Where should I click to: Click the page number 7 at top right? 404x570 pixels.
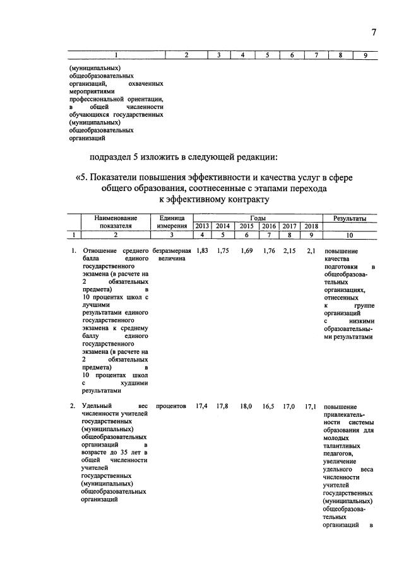click(x=374, y=33)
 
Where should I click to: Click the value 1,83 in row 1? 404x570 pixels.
click(x=203, y=251)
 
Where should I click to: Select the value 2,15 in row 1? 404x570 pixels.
click(x=289, y=251)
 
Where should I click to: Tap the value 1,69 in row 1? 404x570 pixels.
click(x=247, y=251)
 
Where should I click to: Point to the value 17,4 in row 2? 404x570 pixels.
click(x=202, y=407)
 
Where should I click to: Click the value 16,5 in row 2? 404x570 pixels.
click(x=269, y=407)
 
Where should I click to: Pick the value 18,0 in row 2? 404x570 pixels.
click(x=246, y=407)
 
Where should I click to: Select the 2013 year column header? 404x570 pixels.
click(x=202, y=226)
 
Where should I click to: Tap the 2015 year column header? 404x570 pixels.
click(x=246, y=226)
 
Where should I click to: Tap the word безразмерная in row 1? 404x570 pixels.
click(x=172, y=251)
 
